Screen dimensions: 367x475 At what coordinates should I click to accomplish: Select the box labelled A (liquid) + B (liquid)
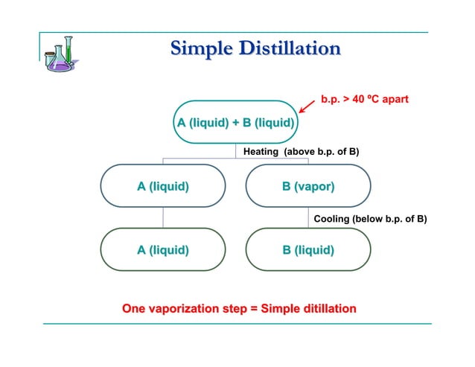pos(235,122)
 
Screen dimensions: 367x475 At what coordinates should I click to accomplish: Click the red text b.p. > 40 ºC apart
pos(364,98)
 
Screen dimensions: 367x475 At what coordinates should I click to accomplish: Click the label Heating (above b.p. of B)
pos(301,152)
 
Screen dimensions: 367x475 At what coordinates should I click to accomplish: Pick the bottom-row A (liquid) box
pos(162,249)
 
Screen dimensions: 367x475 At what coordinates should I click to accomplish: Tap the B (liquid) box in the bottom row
pos(307,249)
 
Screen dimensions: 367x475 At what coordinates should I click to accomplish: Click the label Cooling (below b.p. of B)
pos(370,219)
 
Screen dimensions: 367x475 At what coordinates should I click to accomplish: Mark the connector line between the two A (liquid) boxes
pos(163,217)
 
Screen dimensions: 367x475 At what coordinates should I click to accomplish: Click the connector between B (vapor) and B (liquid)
pos(308,217)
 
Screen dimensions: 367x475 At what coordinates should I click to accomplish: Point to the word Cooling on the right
pos(332,219)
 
